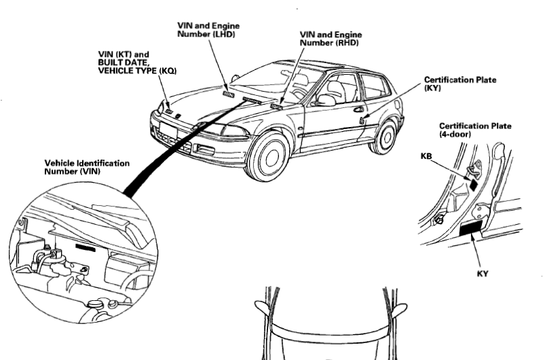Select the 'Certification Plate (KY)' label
(459, 84)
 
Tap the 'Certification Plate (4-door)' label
(475, 130)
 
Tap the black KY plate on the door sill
(471, 229)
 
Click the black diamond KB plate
(473, 183)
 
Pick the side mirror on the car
(326, 101)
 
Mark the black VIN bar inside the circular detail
(86, 248)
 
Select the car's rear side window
(375, 87)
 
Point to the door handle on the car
(358, 109)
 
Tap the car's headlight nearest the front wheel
(227, 130)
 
